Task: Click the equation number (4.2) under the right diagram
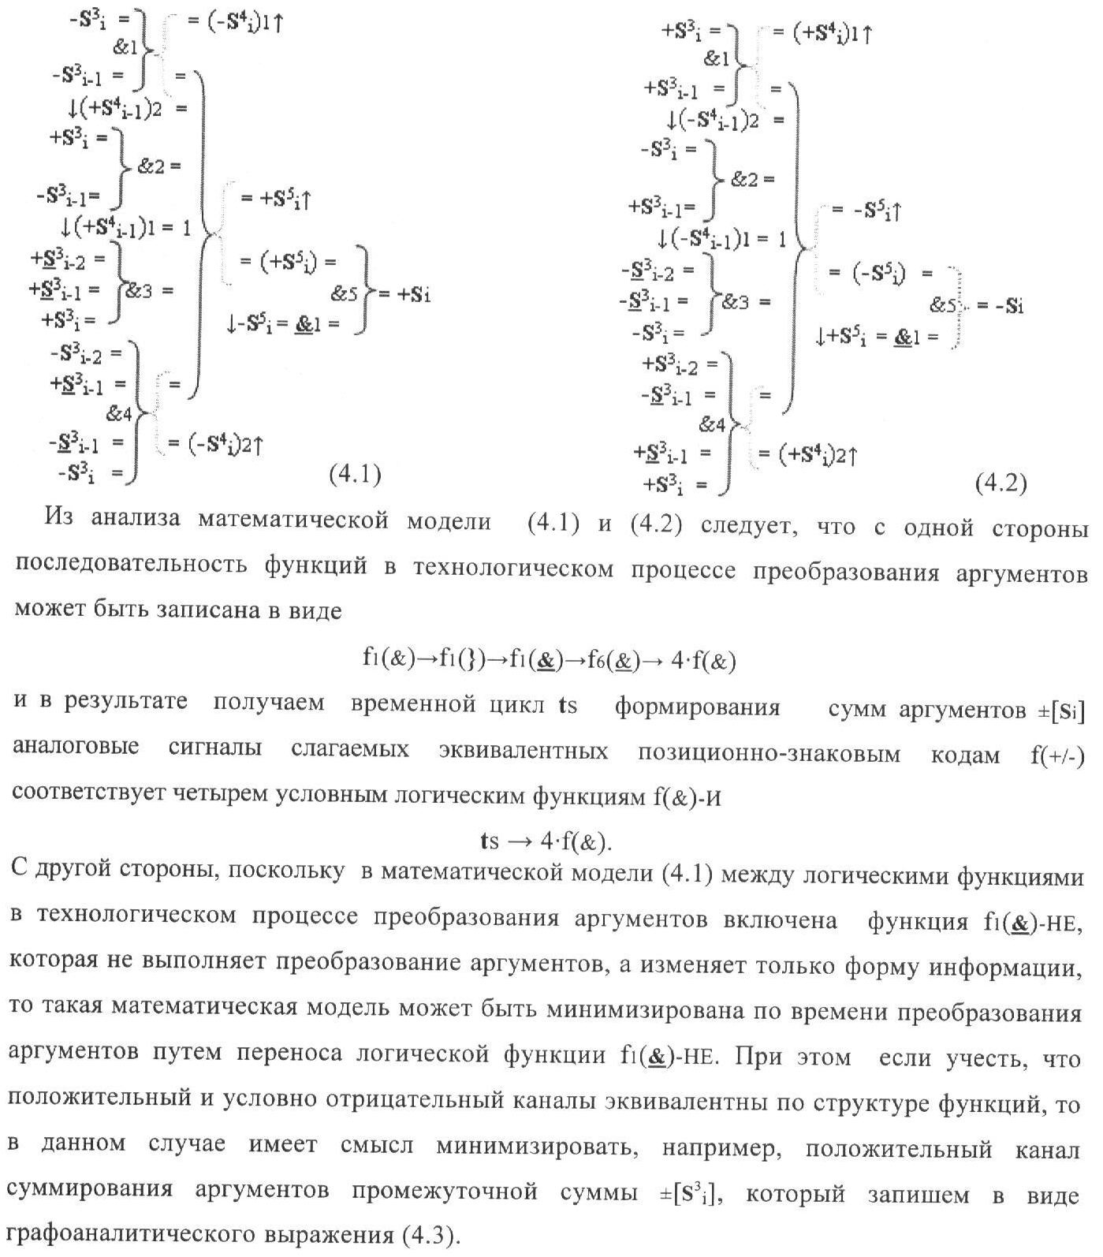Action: tap(1001, 483)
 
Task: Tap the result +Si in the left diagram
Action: tap(405, 295)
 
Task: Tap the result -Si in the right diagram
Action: tap(1001, 306)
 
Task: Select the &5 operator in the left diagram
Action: tap(345, 295)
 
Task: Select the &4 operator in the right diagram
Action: tap(712, 425)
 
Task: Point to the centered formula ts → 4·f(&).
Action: tap(546, 841)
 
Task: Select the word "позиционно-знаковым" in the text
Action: tap(769, 754)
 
